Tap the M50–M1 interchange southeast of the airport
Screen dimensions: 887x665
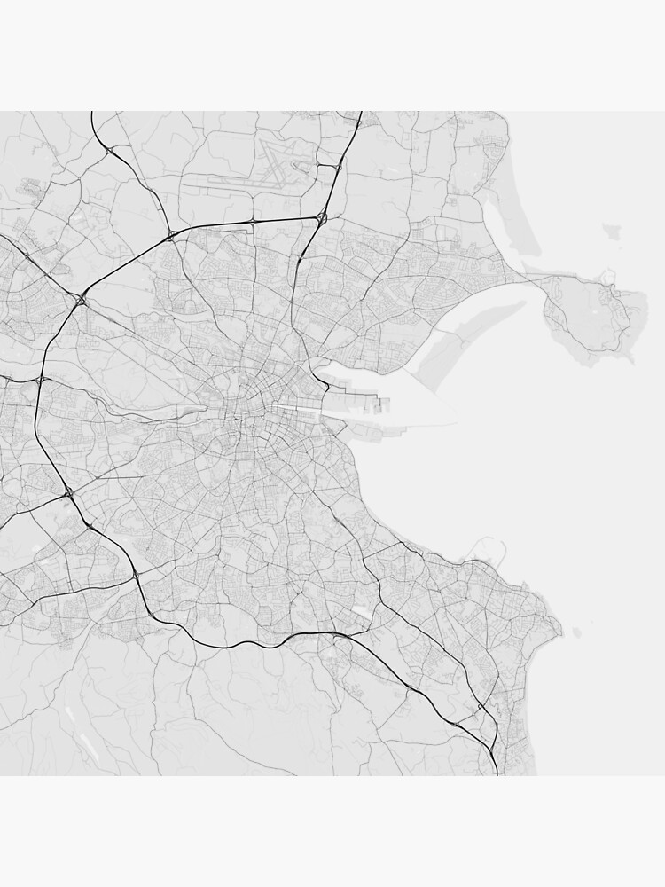322,216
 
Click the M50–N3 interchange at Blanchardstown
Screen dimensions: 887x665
81,301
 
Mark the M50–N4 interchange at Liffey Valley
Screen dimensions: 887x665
42,380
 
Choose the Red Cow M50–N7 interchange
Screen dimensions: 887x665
68,491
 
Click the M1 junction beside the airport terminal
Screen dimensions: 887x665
338,166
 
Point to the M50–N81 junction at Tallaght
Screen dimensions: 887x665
135,577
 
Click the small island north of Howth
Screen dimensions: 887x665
613,232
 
